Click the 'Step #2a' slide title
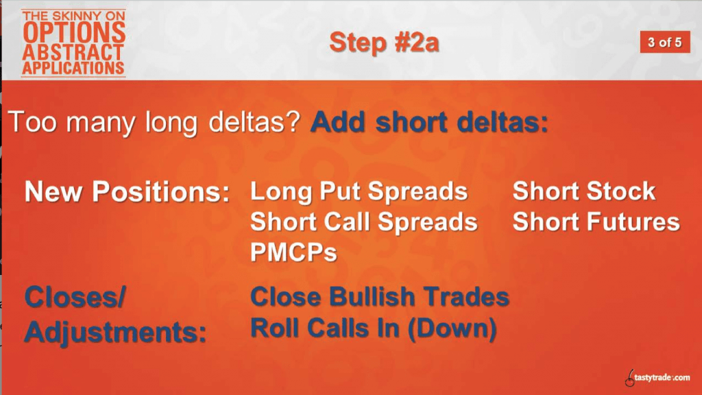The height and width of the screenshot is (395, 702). point(384,43)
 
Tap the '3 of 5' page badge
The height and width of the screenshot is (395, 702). point(665,43)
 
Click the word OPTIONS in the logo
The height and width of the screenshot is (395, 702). point(74,32)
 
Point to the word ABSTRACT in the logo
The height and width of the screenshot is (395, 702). point(73,52)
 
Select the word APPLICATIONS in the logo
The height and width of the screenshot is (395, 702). point(73,68)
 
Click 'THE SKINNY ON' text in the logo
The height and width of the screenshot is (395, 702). point(74,16)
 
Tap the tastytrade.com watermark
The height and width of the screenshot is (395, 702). point(657,378)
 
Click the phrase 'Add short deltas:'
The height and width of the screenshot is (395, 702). point(429,122)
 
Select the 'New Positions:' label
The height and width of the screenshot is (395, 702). point(127,192)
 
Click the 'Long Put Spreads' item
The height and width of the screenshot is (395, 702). point(359,192)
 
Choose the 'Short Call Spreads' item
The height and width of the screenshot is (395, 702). point(364,222)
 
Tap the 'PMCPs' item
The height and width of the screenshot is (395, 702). point(293,252)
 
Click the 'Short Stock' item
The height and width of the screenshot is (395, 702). point(584,191)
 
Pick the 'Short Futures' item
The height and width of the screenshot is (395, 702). point(596,222)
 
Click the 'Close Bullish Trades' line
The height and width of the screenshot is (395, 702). point(380,297)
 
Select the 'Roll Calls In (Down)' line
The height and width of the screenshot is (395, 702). point(374,328)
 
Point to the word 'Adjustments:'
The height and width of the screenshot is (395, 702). point(115,332)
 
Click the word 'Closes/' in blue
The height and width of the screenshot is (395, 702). point(75,298)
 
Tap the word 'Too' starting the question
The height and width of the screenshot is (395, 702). point(33,122)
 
